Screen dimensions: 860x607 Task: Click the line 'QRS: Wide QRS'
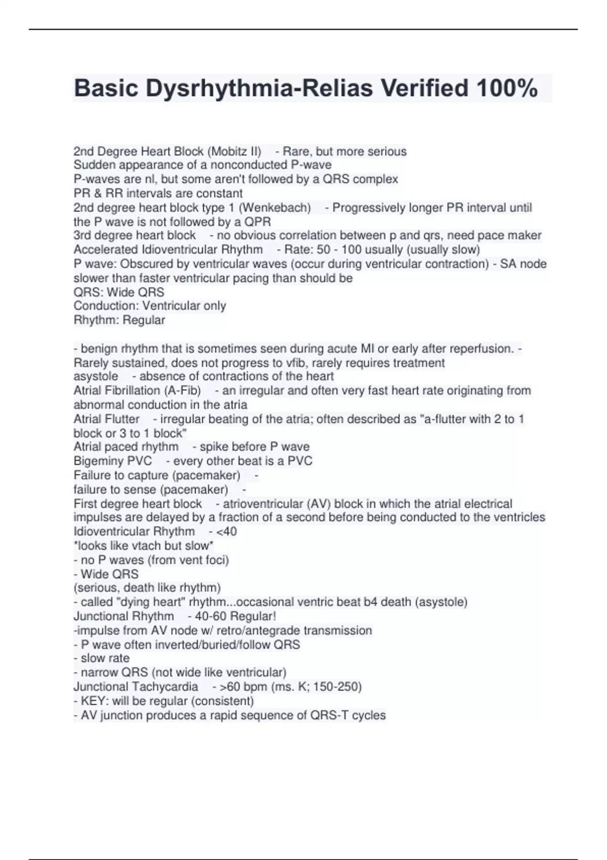click(x=119, y=292)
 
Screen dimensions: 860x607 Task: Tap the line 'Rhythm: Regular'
click(x=119, y=320)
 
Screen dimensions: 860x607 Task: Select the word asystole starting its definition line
click(x=96, y=376)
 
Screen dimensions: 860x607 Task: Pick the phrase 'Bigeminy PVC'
click(x=112, y=461)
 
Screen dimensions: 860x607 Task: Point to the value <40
click(x=226, y=532)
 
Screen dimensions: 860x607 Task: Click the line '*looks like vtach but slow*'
click(x=143, y=546)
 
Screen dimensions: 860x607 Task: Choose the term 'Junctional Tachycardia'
click(x=136, y=687)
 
